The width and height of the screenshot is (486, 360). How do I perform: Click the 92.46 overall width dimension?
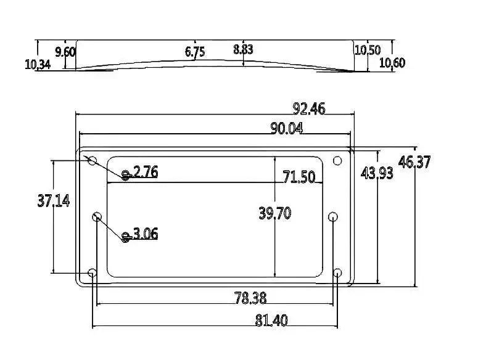pyautogui.click(x=309, y=108)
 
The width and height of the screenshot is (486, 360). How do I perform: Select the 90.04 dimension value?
pyautogui.click(x=287, y=128)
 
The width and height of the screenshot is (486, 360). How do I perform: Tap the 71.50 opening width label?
pyautogui.click(x=299, y=177)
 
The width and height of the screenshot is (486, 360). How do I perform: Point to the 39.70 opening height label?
pyautogui.click(x=275, y=213)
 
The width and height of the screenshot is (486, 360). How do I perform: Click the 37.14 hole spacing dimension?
pyautogui.click(x=54, y=201)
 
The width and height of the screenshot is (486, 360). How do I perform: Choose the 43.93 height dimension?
pyautogui.click(x=377, y=173)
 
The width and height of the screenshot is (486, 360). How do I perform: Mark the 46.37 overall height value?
pyautogui.click(x=414, y=162)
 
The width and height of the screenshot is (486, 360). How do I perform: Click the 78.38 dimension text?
pyautogui.click(x=250, y=298)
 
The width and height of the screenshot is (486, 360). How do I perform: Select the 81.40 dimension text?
pyautogui.click(x=271, y=321)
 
